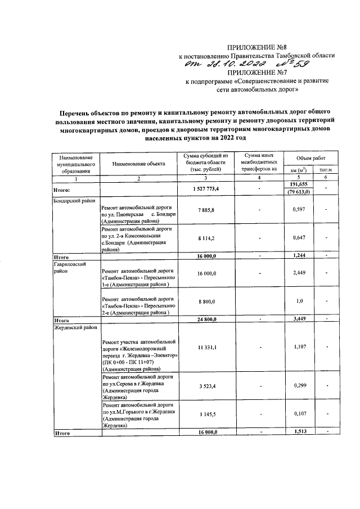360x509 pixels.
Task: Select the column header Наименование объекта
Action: click(138, 164)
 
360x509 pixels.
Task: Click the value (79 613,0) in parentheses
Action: click(299, 193)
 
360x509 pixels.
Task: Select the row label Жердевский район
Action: click(75, 326)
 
